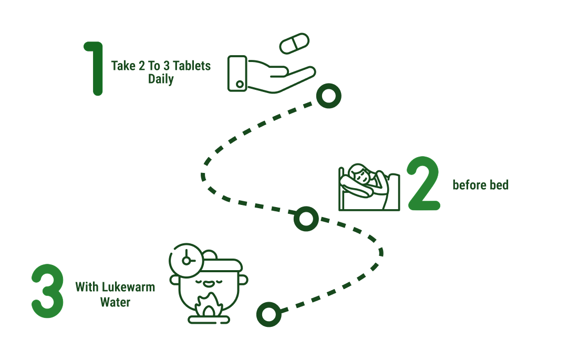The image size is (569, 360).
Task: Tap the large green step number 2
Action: pos(423,183)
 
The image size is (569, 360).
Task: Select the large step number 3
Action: pos(47,291)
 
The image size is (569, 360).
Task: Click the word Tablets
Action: pos(192,66)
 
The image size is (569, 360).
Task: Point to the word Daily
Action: pos(161,79)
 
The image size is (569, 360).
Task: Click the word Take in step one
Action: pos(123,66)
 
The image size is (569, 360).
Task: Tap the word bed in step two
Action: pos(499,184)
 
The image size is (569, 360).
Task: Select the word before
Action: pos(470,184)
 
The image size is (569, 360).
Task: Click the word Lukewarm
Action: pos(128,287)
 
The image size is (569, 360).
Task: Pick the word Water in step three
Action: pos(115,302)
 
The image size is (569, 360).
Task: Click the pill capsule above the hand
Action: pos(294,44)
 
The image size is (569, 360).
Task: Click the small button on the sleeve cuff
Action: pos(240,84)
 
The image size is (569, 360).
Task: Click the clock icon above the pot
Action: pos(187,260)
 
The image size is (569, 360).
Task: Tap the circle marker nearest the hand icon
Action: pos(329,96)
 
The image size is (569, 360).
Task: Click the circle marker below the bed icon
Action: pos(306,219)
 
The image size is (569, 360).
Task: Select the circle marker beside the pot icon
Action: pos(269,314)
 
